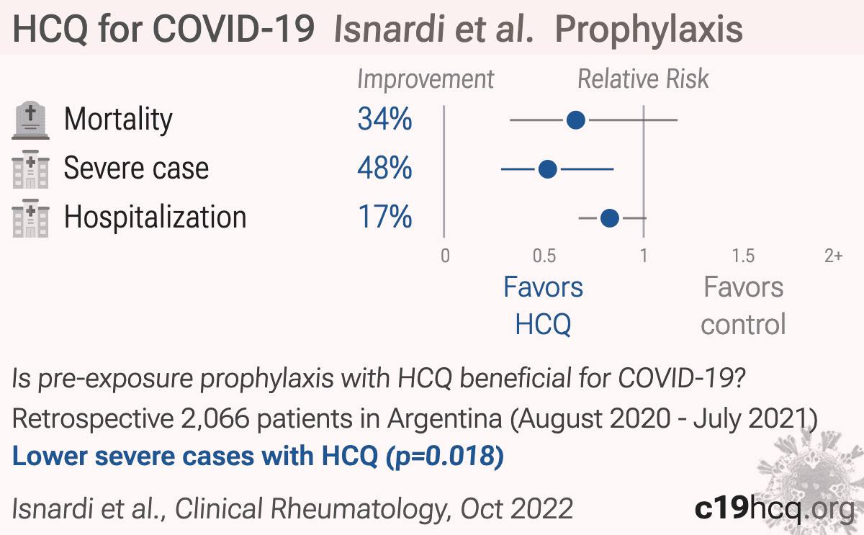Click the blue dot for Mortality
click(576, 120)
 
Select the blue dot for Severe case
click(547, 169)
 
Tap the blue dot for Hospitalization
click(610, 218)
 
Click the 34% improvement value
click(384, 119)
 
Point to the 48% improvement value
click(384, 168)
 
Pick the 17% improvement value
click(384, 217)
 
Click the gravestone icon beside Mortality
click(30, 120)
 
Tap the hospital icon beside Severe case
click(30, 169)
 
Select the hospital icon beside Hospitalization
click(30, 218)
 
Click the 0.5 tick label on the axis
click(544, 256)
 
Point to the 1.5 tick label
click(743, 256)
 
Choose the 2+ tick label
click(834, 256)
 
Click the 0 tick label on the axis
click(445, 256)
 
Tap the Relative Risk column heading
click(643, 79)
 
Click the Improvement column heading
click(426, 79)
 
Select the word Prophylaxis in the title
click(649, 30)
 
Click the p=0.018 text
click(445, 457)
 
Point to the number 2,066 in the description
click(215, 419)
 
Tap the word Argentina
click(445, 419)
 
